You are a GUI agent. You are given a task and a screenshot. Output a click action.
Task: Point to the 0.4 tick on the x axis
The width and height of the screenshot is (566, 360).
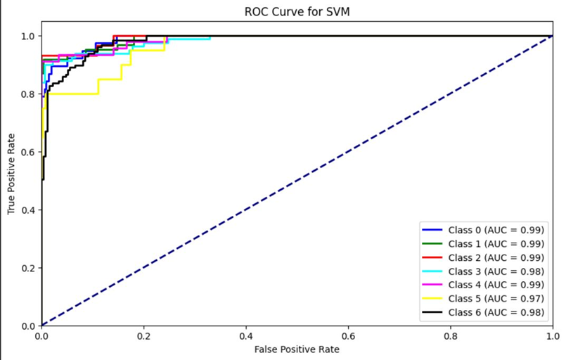tap(246, 337)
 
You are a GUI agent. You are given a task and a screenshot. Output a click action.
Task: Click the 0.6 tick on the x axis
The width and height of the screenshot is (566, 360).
tap(349, 337)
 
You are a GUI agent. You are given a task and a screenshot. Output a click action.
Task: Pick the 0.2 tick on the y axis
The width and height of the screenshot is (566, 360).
tap(27, 268)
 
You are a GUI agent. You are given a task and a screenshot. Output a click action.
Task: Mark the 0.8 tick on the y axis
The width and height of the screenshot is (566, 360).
tap(27, 94)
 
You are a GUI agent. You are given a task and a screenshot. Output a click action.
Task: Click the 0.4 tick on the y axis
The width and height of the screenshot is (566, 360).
tap(27, 210)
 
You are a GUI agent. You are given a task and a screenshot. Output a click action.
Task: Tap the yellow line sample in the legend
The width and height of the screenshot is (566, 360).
tap(432, 298)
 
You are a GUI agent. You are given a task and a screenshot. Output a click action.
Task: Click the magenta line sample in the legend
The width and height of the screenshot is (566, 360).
tap(432, 284)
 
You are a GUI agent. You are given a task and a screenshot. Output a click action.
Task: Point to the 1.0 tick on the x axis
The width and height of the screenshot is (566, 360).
tap(553, 337)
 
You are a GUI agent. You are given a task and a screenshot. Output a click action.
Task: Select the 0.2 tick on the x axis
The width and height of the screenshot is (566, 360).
tap(144, 337)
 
